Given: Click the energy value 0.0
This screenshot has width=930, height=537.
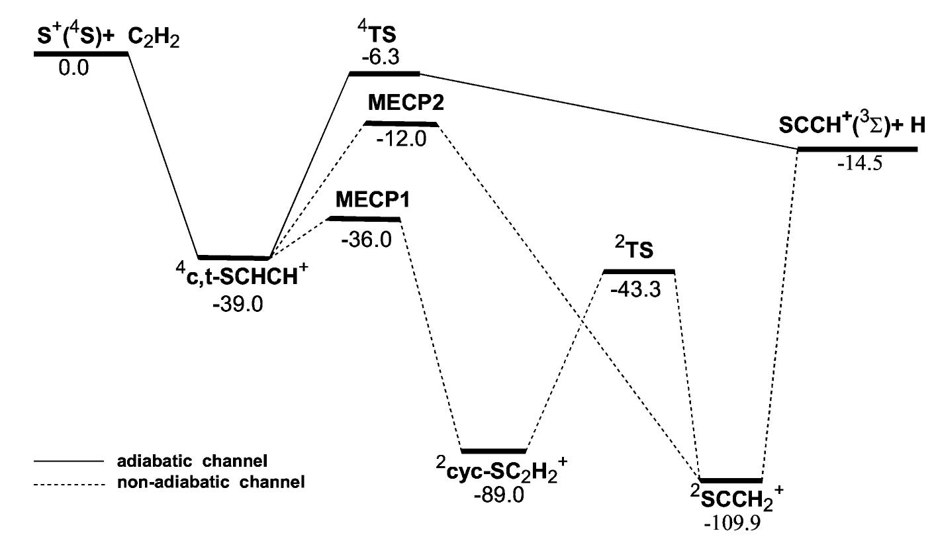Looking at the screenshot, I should [x=73, y=68].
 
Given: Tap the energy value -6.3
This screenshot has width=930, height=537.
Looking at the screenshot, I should [x=380, y=58].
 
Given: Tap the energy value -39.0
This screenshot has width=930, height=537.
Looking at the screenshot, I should [x=238, y=307].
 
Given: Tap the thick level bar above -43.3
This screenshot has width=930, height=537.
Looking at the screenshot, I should [x=639, y=271].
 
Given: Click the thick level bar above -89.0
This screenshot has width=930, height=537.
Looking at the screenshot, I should [x=493, y=451].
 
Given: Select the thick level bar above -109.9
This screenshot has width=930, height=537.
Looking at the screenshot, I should [x=731, y=479].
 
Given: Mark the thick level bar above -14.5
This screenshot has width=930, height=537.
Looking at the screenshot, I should [x=857, y=150].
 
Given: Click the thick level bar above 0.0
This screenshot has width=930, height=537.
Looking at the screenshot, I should [x=81, y=53].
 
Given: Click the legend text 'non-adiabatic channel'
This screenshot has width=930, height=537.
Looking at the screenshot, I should [x=212, y=483].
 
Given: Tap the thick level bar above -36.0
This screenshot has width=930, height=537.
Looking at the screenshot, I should [x=364, y=219].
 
